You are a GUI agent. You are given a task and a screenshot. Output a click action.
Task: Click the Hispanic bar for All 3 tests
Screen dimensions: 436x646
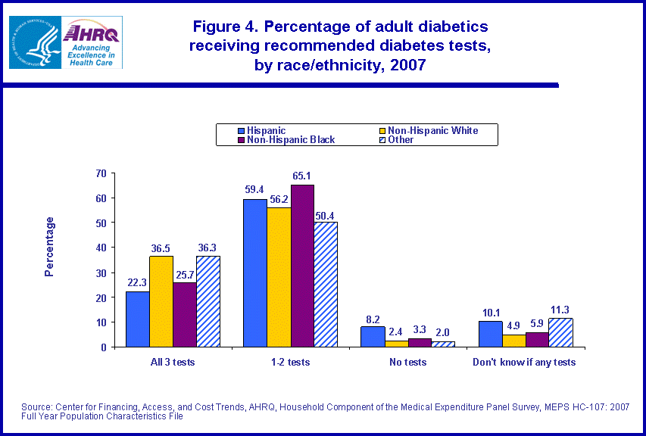137,319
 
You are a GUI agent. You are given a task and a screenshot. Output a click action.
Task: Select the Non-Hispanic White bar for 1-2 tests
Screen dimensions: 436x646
278,277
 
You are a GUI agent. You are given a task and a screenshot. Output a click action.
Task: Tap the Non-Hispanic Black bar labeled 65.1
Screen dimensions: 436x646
301,266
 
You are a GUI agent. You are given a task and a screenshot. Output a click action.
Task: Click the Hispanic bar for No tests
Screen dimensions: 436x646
372,337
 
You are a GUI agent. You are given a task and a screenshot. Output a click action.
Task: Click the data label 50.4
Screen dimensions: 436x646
325,214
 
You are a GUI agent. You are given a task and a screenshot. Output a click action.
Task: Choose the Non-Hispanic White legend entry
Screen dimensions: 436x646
432,130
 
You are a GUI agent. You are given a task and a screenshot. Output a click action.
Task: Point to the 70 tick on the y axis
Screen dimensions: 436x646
100,173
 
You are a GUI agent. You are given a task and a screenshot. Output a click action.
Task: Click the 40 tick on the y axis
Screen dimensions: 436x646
100,248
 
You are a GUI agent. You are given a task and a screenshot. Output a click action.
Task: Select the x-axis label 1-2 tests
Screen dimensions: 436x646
290,362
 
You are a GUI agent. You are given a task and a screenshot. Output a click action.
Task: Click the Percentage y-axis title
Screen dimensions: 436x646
49,246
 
